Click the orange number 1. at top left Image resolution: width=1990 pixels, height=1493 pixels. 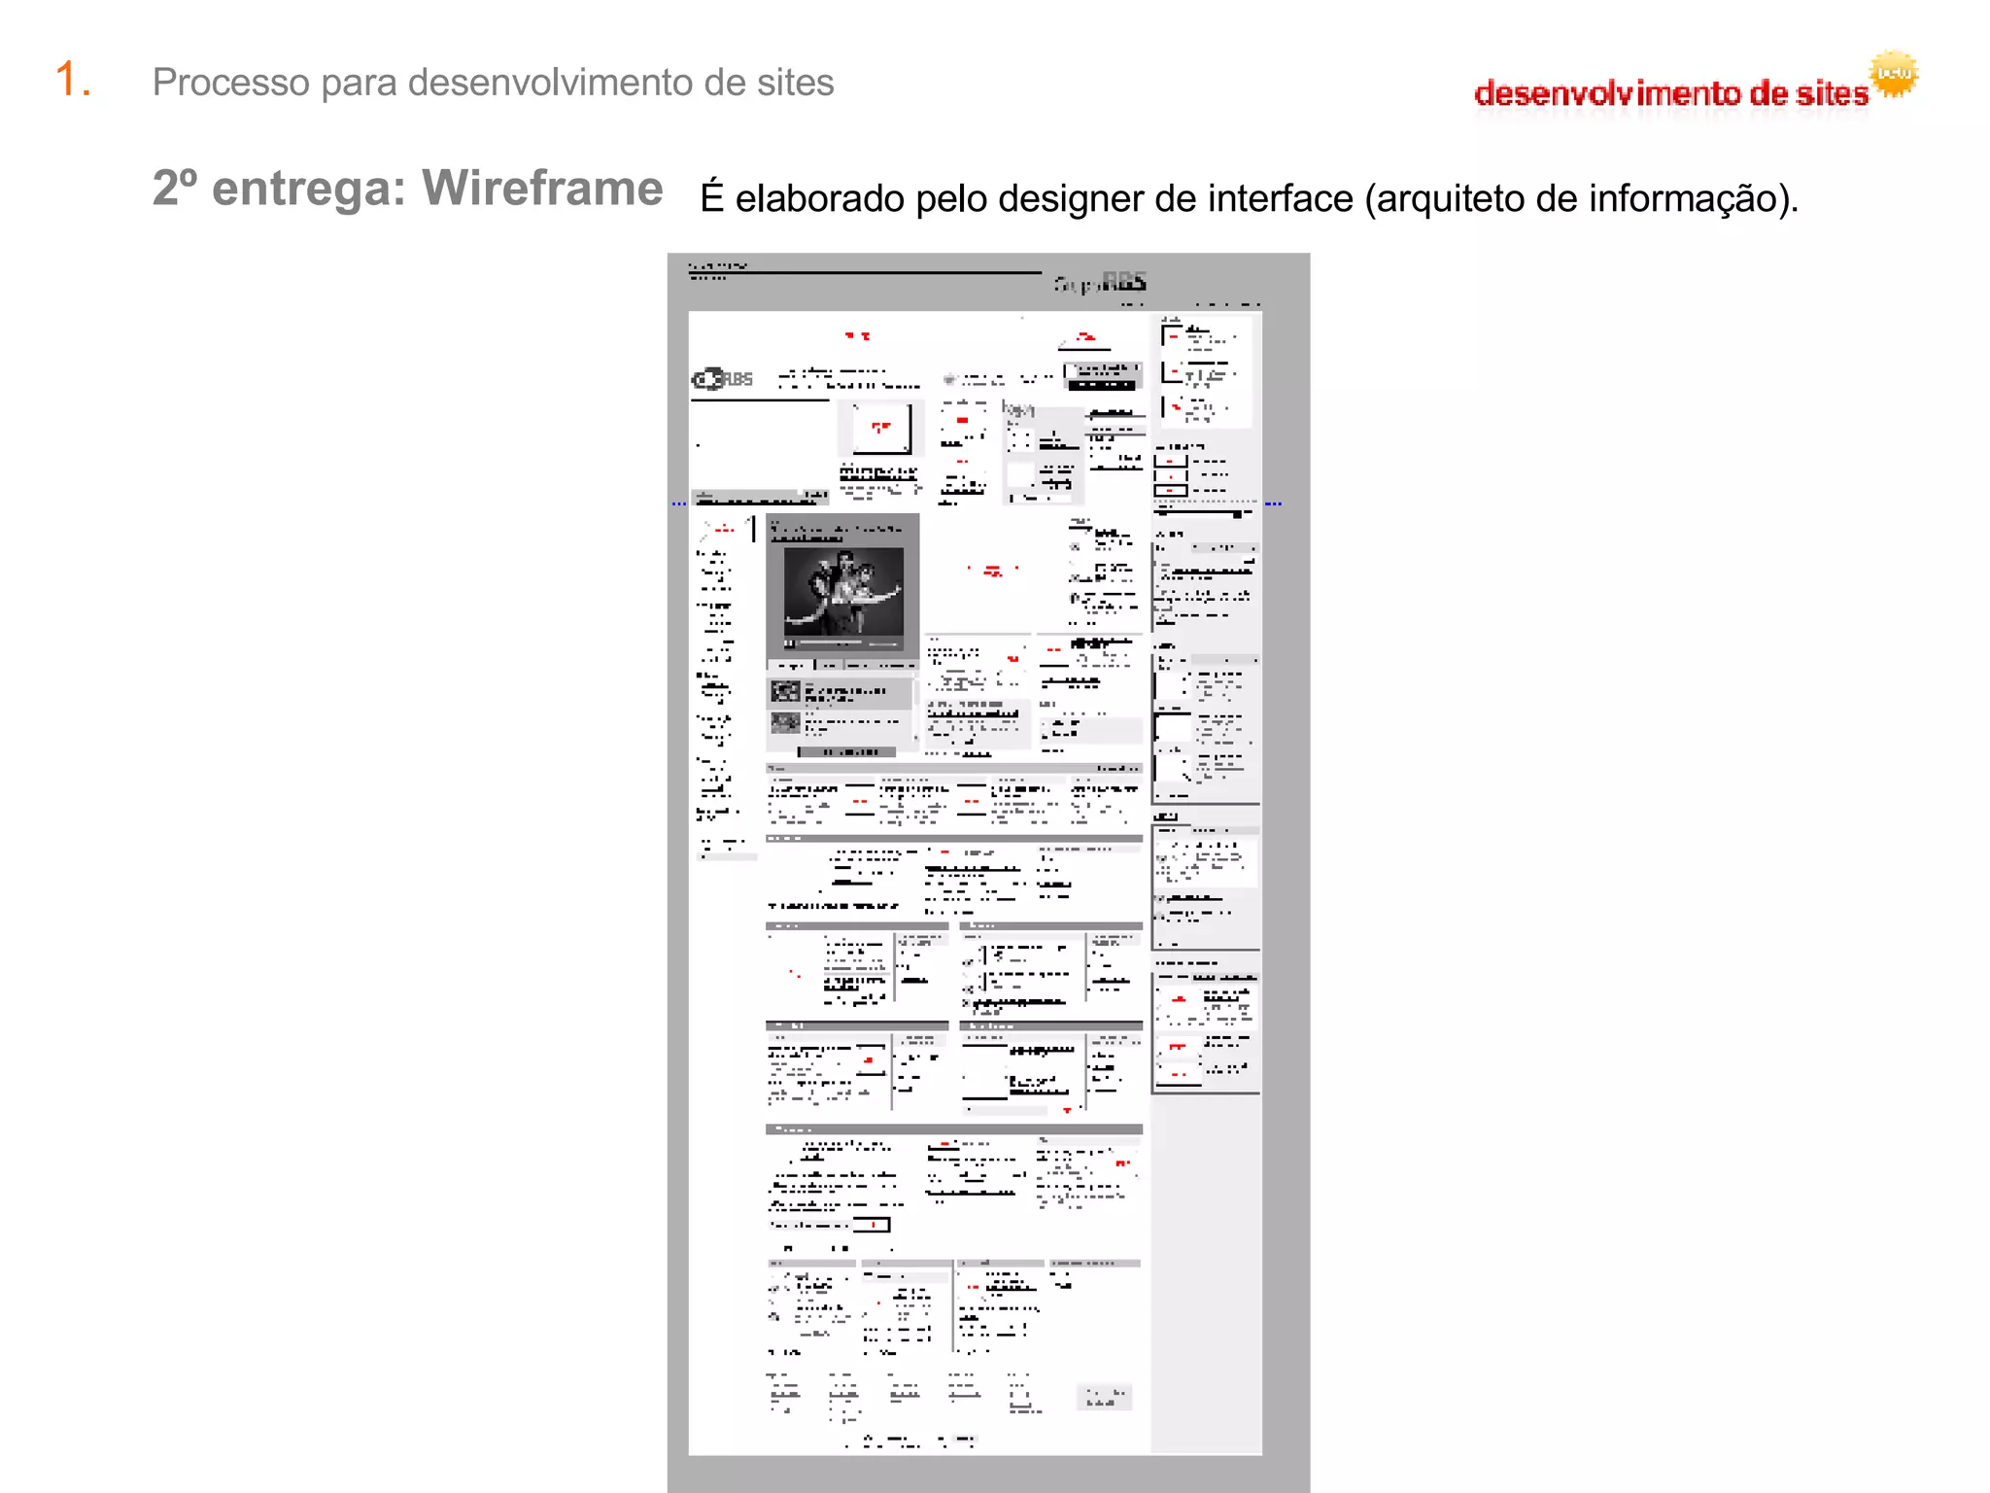tap(73, 80)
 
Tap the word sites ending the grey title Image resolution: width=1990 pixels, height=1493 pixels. tap(795, 83)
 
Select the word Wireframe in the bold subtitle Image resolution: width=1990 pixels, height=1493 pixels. tap(542, 189)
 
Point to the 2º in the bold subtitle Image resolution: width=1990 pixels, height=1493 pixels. tap(175, 189)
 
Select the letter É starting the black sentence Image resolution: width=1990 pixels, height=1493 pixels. tap(712, 196)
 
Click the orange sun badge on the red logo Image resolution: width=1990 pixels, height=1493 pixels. tap(1893, 74)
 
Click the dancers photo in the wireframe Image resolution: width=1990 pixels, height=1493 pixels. tap(842, 592)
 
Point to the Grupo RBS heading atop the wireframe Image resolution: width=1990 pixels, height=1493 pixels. tap(1100, 283)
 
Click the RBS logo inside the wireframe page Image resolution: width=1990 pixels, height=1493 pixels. tap(722, 379)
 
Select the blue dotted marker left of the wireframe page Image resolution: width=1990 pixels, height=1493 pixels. tap(678, 503)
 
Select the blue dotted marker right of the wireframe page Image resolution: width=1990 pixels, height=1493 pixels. tap(1273, 503)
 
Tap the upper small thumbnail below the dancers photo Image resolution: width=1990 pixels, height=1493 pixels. tap(785, 692)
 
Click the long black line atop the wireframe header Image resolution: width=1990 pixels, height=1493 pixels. tap(865, 273)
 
